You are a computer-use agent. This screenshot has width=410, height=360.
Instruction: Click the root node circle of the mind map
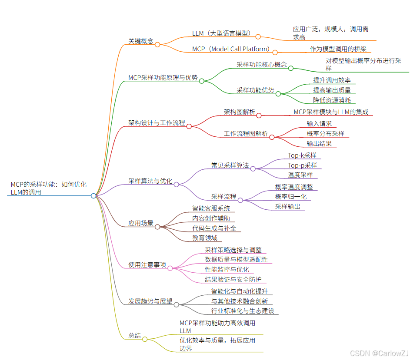93,196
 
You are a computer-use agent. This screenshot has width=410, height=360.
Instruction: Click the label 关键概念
140,41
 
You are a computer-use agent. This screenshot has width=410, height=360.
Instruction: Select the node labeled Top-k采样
302,155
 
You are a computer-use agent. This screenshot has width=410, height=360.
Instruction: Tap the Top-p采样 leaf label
302,165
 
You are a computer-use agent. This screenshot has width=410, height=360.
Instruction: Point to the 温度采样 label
300,175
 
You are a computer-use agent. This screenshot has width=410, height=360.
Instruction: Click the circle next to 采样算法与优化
176,184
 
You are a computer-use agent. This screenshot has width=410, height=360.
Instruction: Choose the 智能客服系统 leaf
211,208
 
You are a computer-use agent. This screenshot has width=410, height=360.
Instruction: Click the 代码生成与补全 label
214,228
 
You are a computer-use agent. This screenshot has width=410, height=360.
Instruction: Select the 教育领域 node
204,238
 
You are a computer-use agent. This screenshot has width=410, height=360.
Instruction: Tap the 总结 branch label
134,336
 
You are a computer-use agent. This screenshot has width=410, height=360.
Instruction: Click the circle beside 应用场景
157,227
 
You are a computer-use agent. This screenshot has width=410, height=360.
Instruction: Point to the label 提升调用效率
332,80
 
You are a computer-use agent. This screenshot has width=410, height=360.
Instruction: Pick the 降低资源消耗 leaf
332,100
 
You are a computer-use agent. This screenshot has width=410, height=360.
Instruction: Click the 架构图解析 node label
240,112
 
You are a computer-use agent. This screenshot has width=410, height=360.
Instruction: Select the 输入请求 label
319,124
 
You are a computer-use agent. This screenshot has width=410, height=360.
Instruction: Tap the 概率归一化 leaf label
290,197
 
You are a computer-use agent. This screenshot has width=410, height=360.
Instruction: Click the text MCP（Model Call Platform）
231,49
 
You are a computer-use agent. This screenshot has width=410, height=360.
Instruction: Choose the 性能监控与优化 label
227,270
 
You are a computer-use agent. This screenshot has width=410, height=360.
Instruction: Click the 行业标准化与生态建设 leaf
243,311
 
